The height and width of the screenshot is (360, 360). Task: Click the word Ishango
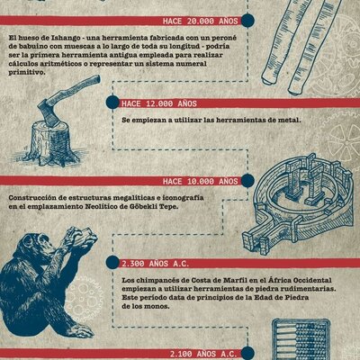click(66, 37)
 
